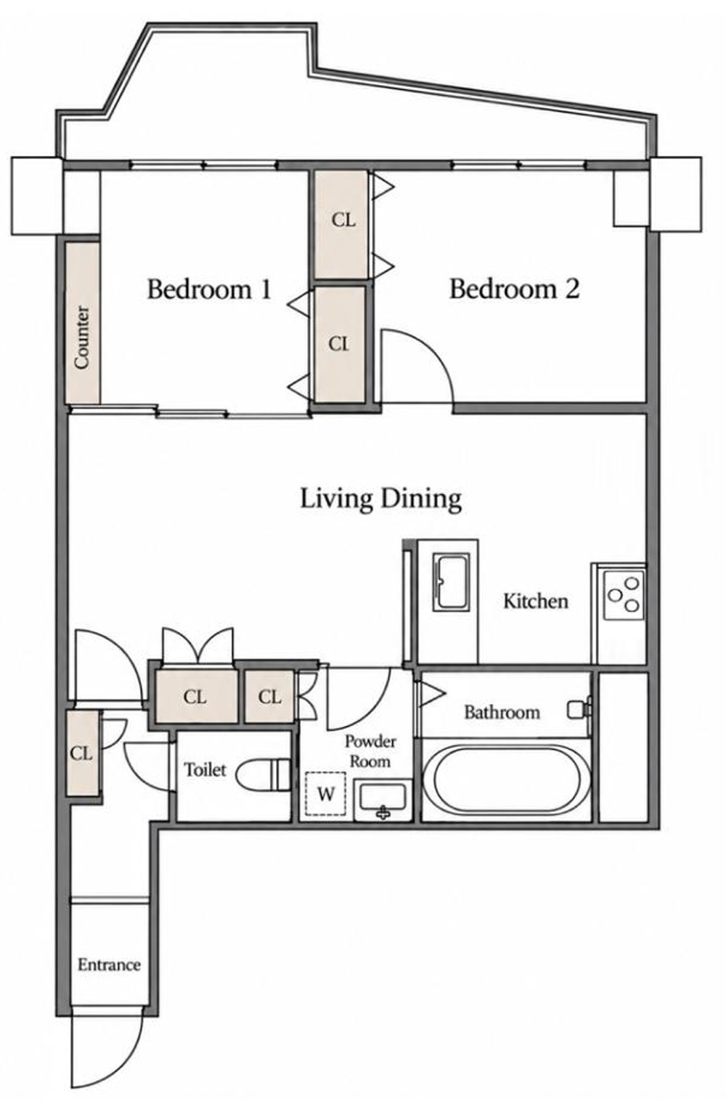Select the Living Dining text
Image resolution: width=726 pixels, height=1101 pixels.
point(381,499)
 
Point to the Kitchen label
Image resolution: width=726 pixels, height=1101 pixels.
point(535,601)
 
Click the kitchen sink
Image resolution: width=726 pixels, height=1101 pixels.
point(451,583)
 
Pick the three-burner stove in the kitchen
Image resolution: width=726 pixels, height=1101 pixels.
point(624,595)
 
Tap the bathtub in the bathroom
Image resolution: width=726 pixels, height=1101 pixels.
point(506,779)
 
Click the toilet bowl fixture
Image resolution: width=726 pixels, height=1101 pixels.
point(263,775)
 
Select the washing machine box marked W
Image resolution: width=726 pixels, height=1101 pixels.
point(325,793)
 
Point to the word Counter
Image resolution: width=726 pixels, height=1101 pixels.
point(82,337)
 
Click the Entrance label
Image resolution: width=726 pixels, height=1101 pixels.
point(109,965)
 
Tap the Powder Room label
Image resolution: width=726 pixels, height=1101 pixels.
point(370,751)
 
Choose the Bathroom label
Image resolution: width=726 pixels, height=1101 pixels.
point(502,712)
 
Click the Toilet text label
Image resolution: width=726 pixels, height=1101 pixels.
point(205,769)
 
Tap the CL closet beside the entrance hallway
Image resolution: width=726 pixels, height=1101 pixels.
point(82,753)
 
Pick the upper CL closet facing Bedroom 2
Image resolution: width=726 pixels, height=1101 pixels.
point(342,224)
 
